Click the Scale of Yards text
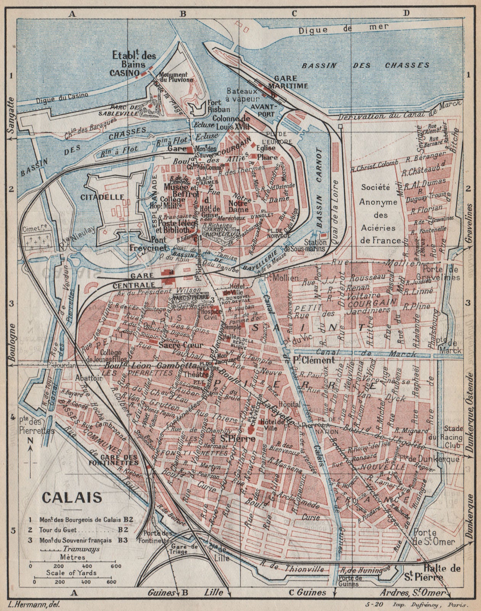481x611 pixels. pos(71,573)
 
